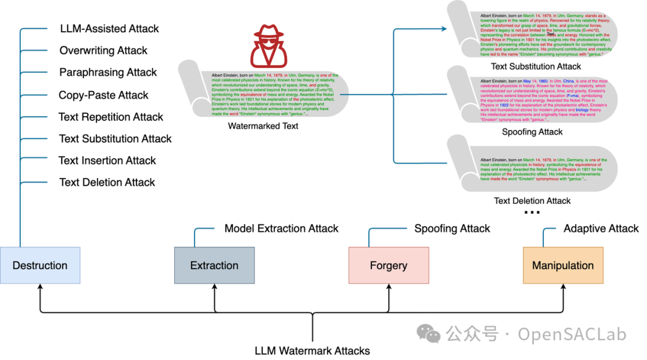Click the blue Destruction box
click(x=40, y=265)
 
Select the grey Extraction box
click(x=214, y=265)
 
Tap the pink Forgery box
click(x=388, y=265)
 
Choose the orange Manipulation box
click(x=563, y=265)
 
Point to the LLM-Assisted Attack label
click(x=110, y=29)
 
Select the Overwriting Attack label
click(x=103, y=51)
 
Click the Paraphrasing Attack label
click(x=108, y=72)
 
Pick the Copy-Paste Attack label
click(x=104, y=95)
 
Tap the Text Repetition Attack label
click(x=111, y=117)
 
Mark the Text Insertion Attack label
click(x=107, y=161)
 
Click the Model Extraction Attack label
click(x=281, y=228)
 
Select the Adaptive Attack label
click(x=601, y=228)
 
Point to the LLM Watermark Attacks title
click(x=312, y=351)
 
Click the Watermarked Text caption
click(x=263, y=126)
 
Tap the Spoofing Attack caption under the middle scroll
click(x=532, y=132)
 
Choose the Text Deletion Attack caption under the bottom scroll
click(x=532, y=201)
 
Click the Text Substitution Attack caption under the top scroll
click(x=536, y=66)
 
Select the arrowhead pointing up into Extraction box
click(x=214, y=288)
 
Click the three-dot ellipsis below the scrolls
click(x=532, y=213)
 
